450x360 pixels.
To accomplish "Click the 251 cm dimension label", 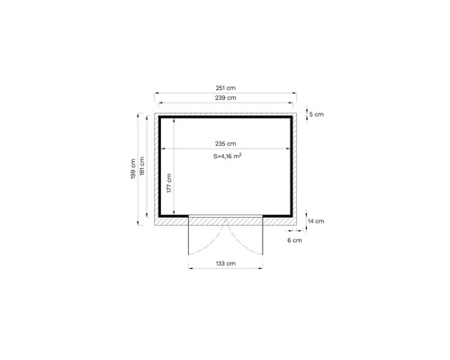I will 226,87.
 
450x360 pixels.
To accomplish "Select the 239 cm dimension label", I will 226,97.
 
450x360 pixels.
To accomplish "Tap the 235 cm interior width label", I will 226,144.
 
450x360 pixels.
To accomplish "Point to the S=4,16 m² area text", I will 226,156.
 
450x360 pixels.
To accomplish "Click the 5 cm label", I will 316,115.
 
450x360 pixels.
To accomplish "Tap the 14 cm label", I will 316,220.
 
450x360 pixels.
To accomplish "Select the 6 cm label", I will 295,240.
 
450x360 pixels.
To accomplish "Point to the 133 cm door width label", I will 225,264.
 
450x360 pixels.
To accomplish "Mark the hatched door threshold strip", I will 225,220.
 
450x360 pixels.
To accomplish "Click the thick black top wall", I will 226,117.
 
